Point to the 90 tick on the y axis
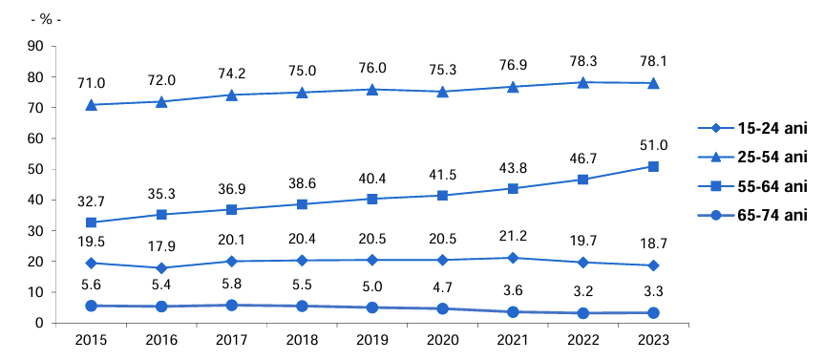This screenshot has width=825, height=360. point(37,46)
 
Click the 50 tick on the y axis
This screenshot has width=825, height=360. point(37,169)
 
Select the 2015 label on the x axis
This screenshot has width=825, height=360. point(92,339)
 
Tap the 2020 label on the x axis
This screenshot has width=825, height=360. point(442,339)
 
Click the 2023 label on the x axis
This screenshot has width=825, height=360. point(653,339)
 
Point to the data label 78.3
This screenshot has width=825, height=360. point(582,60)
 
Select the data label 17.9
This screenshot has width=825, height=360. point(161,245)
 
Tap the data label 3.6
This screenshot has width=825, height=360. point(513,292)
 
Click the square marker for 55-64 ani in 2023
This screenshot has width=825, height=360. point(653,166)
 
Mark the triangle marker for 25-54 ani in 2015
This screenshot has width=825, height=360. point(92,104)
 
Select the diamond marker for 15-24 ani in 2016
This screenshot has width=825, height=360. point(161,268)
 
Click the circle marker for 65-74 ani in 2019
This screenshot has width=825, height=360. point(372,307)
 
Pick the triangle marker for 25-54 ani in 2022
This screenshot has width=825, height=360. point(582,82)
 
